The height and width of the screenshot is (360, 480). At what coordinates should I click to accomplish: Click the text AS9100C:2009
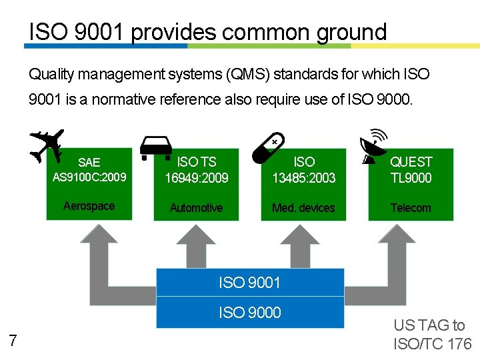(x=89, y=178)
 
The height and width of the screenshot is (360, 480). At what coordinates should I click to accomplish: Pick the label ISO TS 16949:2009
(x=197, y=170)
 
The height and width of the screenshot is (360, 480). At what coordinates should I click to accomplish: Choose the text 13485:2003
(x=304, y=178)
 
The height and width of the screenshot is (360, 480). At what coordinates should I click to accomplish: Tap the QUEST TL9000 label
(x=411, y=170)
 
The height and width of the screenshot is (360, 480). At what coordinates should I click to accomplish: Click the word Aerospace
(x=89, y=206)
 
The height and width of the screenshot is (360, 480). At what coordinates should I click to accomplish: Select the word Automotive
(x=196, y=208)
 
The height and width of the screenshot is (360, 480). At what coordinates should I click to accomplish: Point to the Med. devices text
(x=303, y=208)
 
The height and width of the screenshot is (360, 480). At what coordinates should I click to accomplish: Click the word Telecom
(x=411, y=208)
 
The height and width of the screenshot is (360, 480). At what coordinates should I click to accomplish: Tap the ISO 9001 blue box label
(x=250, y=283)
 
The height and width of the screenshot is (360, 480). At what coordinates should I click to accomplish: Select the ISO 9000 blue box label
(x=250, y=312)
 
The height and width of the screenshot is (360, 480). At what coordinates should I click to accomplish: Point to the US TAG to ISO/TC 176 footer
(x=432, y=335)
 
